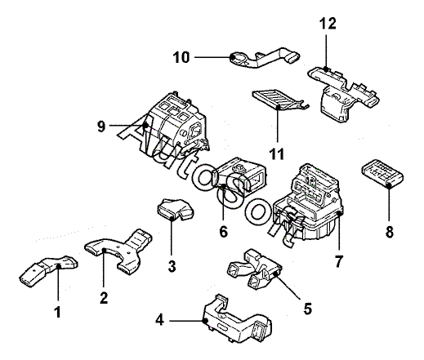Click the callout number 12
[328, 24]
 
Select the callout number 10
[181, 57]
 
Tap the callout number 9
[101, 127]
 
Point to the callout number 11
[277, 154]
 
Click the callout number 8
[390, 232]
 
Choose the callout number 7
[338, 261]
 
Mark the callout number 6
[223, 232]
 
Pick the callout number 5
[307, 309]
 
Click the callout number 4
[160, 320]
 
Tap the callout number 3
[172, 266]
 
